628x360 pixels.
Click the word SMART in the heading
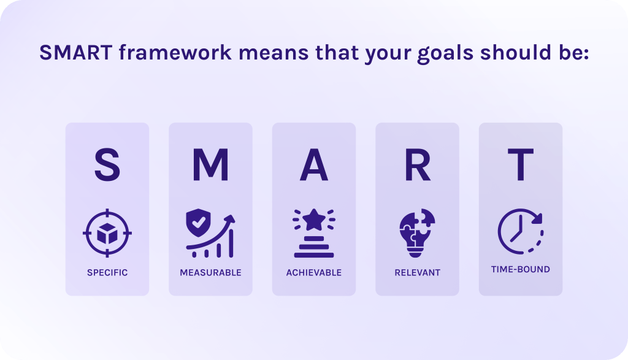point(75,53)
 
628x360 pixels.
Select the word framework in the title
point(175,53)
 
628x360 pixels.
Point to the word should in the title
point(516,53)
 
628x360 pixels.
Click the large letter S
point(107,164)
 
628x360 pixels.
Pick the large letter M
point(210,164)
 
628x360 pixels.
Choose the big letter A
point(314,164)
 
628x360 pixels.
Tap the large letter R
point(417,164)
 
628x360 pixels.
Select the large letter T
point(521,164)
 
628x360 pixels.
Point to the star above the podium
point(314,220)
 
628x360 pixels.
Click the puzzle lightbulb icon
point(417,232)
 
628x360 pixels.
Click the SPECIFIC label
point(107,273)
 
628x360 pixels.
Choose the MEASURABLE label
point(211,273)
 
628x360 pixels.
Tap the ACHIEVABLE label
point(314,273)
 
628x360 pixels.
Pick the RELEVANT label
point(417,273)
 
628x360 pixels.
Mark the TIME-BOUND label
point(521,269)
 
